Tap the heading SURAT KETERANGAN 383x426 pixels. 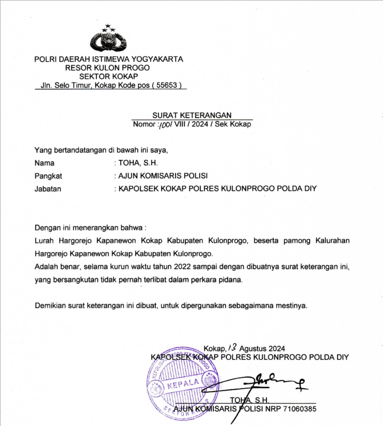coord(192,115)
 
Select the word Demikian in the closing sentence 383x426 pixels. coord(50,305)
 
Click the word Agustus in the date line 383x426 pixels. coord(255,348)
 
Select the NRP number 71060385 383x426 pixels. coord(297,409)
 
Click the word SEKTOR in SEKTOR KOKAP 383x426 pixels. coord(91,77)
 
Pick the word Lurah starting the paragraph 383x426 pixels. coord(44,241)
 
